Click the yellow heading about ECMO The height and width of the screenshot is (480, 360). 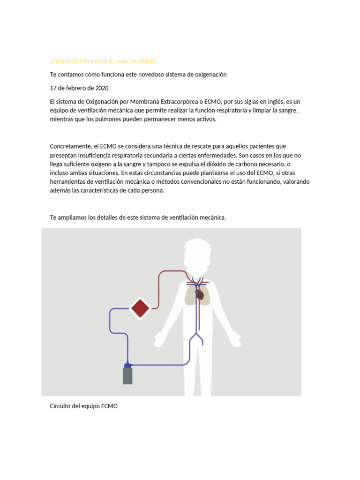(103, 61)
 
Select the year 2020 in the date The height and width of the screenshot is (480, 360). (101, 88)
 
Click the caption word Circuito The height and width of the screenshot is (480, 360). (61, 406)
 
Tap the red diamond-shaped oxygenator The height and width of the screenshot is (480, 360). (140, 308)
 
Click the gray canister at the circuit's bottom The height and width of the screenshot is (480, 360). (127, 376)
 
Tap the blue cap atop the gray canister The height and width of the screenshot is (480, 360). (127, 365)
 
